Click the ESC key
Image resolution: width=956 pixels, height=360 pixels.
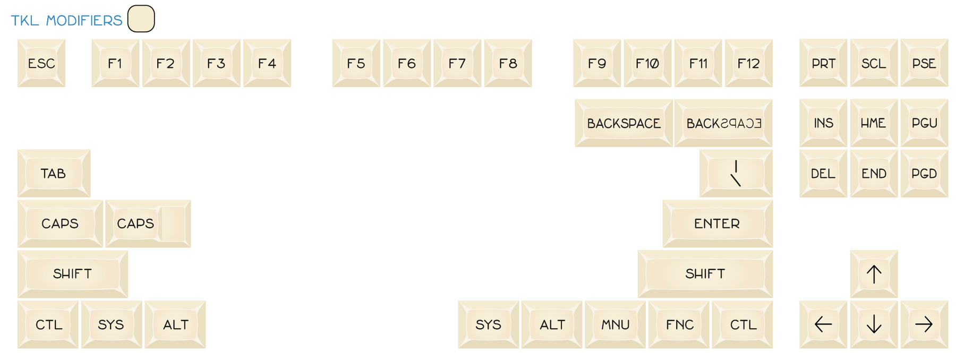coord(41,63)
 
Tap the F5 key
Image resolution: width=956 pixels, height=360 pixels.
coord(356,63)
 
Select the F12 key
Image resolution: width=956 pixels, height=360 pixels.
coord(749,63)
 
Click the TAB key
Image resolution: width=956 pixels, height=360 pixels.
coord(54,173)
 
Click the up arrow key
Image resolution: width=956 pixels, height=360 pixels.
coord(874,274)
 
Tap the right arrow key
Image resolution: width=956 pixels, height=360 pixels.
coord(925,324)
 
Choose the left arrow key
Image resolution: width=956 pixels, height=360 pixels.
coord(823,324)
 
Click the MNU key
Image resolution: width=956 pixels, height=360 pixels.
coord(616,324)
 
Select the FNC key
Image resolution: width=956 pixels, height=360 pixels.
coord(679,324)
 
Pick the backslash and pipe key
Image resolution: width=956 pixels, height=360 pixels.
coord(736,173)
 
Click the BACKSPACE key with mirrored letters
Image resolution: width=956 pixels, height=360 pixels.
coord(723,123)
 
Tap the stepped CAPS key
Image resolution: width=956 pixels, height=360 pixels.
coord(148,224)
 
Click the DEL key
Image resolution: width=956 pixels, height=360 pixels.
coord(823,173)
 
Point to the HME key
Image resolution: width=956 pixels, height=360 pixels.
coord(874,123)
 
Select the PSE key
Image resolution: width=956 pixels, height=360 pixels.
coord(925,63)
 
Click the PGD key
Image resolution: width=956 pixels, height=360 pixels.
coord(925,173)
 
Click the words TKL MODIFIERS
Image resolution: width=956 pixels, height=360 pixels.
coord(66,21)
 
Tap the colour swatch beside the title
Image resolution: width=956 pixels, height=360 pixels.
coord(141,19)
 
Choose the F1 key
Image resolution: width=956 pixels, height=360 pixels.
coord(115,63)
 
